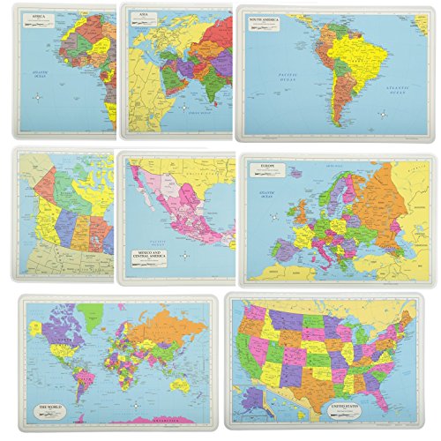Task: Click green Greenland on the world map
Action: (90, 313)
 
